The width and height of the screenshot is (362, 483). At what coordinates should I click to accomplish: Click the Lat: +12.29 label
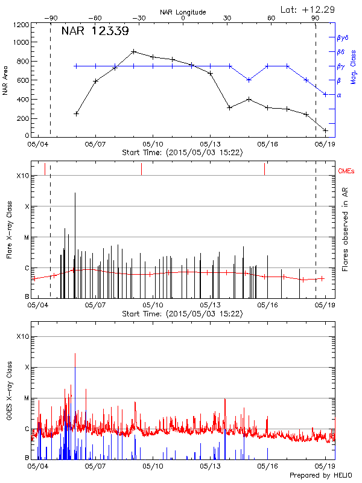click(308, 9)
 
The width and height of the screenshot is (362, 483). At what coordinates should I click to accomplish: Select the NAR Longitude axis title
click(183, 11)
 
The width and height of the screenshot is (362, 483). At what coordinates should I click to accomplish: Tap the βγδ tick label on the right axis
click(342, 37)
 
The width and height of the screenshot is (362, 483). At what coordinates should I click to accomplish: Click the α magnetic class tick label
click(339, 95)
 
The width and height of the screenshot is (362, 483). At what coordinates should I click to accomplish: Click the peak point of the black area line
click(134, 52)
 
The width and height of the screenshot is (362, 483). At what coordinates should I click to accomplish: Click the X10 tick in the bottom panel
click(22, 336)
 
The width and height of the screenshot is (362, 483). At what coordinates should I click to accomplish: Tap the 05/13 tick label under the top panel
click(210, 145)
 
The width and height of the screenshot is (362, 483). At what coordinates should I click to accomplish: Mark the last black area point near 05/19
click(325, 130)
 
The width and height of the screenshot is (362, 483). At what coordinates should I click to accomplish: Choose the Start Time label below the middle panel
click(182, 314)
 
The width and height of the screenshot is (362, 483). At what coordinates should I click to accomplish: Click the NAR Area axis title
click(5, 80)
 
